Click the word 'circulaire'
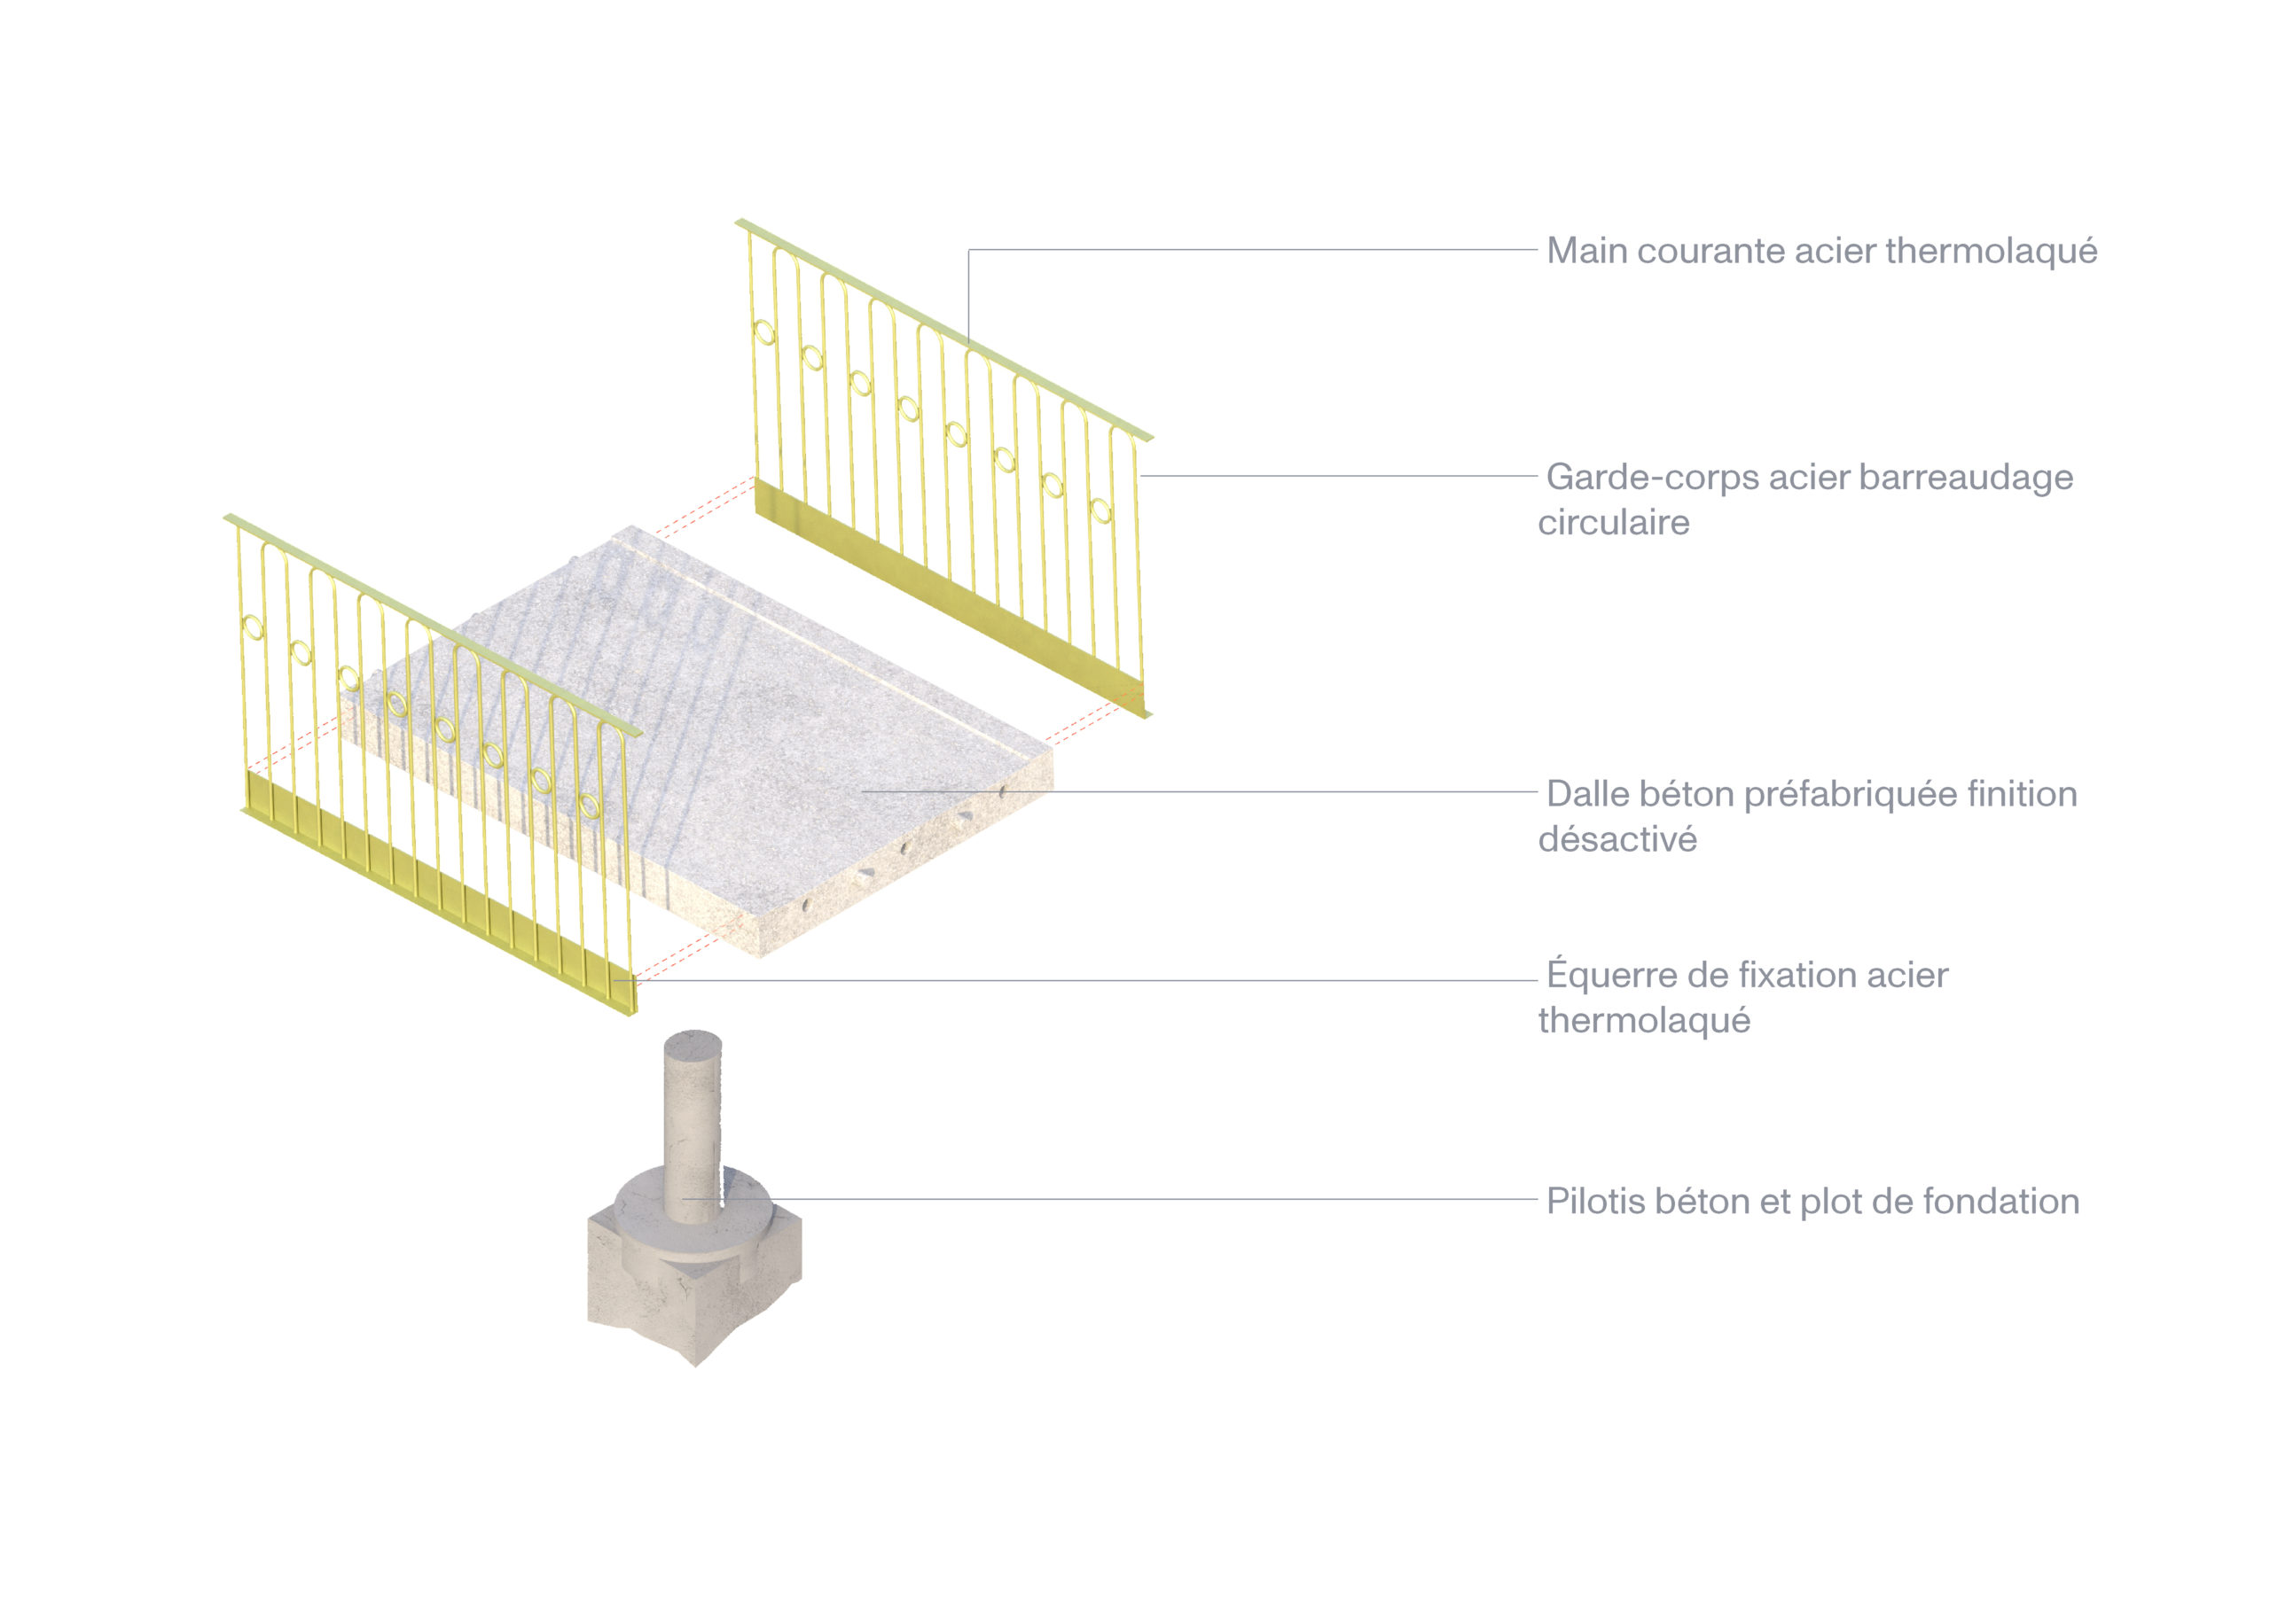[x=1614, y=523]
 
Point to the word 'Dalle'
[x=1588, y=795]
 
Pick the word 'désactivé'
[x=1617, y=840]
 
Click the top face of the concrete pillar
[x=693, y=1044]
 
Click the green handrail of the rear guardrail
[x=944, y=330]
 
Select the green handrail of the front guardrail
[x=433, y=626]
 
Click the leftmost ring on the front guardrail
[x=253, y=627]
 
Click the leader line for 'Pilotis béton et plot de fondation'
[x=1109, y=1199]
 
